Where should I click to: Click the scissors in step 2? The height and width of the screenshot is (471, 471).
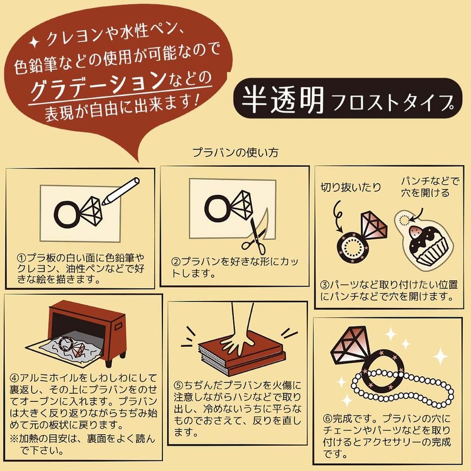[254, 233]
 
